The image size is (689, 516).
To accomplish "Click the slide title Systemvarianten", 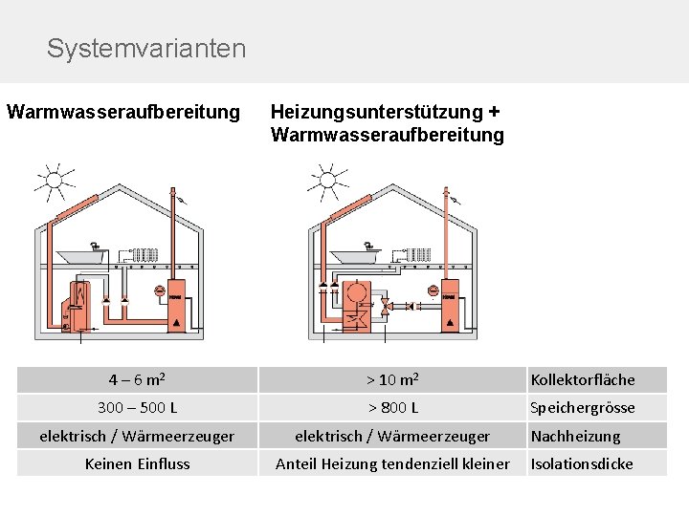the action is pyautogui.click(x=145, y=48).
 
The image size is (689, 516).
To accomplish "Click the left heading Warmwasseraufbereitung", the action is pyautogui.click(x=123, y=112).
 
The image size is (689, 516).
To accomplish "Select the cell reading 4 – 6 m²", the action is pyautogui.click(x=137, y=379).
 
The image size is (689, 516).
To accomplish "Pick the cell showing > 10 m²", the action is pyautogui.click(x=391, y=379).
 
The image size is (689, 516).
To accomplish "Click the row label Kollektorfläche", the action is pyautogui.click(x=582, y=379).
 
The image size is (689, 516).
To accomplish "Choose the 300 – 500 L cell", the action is pyautogui.click(x=137, y=408).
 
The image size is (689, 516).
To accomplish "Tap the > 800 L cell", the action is pyautogui.click(x=391, y=408).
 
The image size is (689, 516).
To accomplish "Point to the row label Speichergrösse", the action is pyautogui.click(x=582, y=408).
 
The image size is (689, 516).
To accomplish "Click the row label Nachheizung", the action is pyautogui.click(x=575, y=436).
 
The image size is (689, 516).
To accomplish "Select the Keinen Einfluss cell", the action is pyautogui.click(x=137, y=463).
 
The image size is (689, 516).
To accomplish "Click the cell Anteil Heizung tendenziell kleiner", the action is pyautogui.click(x=391, y=463).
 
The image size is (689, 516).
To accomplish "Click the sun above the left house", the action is pyautogui.click(x=55, y=179).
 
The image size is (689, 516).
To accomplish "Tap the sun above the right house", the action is pyautogui.click(x=327, y=179).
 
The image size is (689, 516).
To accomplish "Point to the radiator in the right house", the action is pyautogui.click(x=418, y=254).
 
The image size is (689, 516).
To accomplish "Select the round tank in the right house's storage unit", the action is pyautogui.click(x=359, y=292).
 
